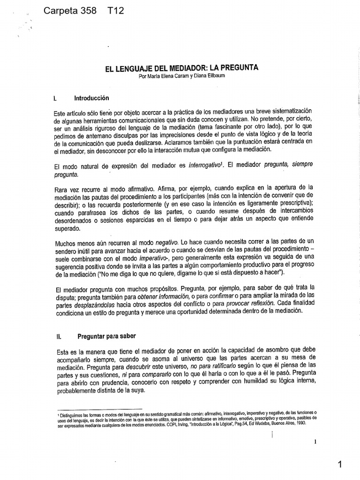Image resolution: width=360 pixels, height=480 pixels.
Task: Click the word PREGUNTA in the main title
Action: (248, 68)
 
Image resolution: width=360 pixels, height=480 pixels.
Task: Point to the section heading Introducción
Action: (91, 98)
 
